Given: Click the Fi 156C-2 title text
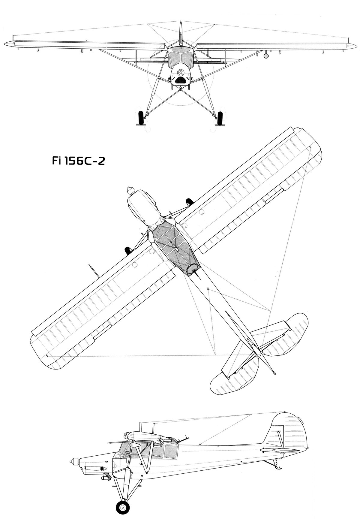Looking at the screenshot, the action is click(78, 161).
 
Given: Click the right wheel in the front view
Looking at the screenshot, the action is click(220, 118).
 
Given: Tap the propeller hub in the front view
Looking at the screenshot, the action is click(180, 73).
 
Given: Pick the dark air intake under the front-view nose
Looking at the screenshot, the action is click(180, 80).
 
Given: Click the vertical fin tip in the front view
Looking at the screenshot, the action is click(180, 23).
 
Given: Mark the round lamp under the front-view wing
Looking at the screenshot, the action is click(265, 56).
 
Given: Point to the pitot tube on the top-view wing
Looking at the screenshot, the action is click(94, 271).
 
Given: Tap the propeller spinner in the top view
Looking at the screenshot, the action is click(130, 190).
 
